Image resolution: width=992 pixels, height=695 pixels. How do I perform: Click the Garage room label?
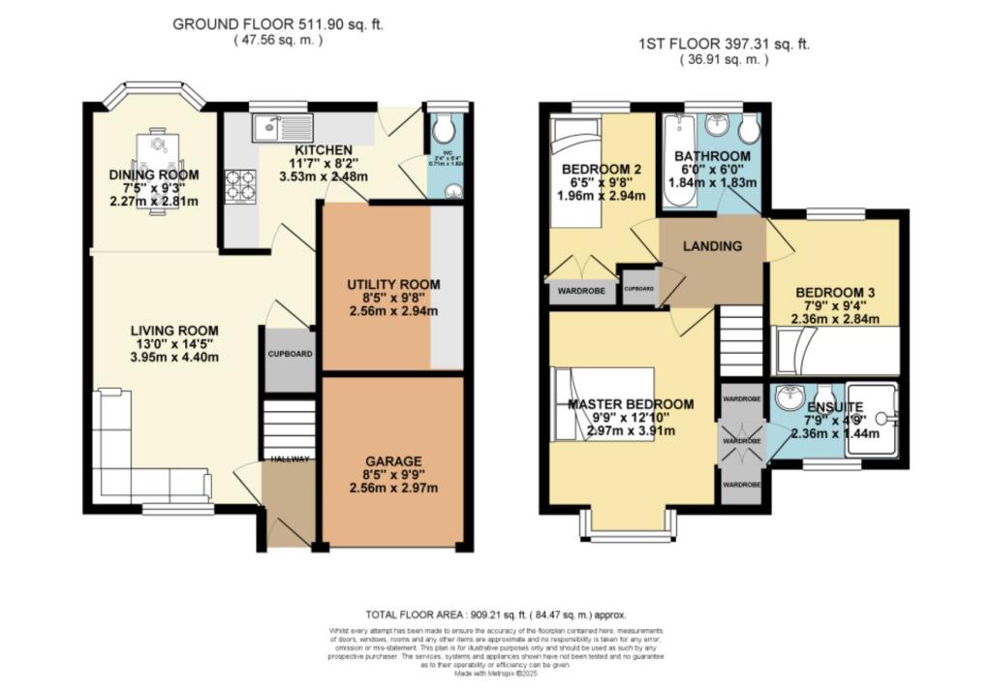[393, 460]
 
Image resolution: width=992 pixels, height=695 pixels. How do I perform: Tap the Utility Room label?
[393, 284]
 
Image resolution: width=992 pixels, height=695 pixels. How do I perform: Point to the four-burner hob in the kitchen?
[240, 184]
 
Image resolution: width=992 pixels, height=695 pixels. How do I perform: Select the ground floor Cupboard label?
[290, 355]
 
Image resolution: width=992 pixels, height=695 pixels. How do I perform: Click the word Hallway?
[289, 458]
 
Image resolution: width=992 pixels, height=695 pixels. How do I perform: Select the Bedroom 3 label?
[835, 292]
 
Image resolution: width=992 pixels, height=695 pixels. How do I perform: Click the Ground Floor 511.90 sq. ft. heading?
[277, 24]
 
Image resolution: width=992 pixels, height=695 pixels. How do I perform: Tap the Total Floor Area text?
[495, 615]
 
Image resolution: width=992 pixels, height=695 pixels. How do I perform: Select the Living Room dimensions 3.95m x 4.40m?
[175, 357]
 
